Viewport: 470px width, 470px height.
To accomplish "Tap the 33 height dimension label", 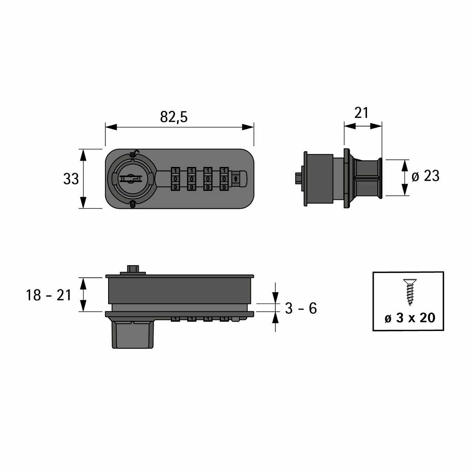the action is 71,179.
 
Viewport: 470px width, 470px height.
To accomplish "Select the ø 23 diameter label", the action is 425,176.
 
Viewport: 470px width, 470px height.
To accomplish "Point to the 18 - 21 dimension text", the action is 48,295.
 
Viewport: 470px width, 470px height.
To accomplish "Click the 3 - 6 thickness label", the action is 301,308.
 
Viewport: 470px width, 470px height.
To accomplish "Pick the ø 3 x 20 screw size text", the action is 410,318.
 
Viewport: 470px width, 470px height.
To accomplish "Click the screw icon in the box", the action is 410,292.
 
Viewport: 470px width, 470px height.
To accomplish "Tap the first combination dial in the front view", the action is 175,179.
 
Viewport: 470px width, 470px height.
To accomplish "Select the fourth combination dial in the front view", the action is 224,179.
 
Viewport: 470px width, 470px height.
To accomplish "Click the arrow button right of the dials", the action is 236,179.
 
